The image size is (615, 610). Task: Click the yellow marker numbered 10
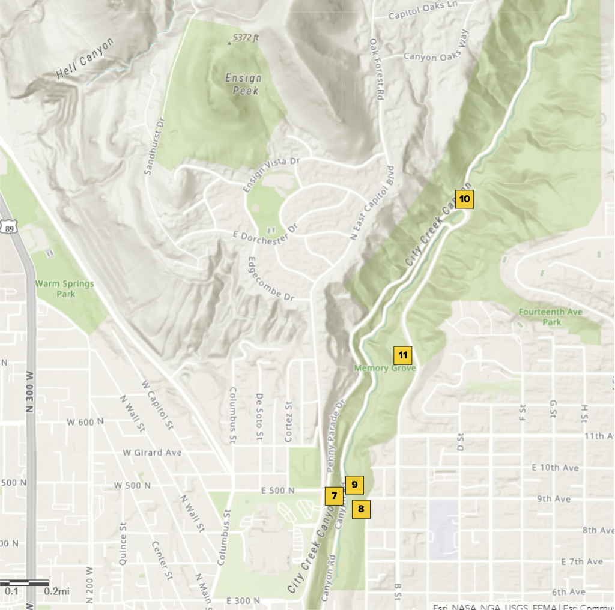click(x=465, y=199)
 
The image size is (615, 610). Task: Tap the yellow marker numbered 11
click(x=403, y=355)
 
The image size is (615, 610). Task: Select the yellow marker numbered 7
click(x=333, y=495)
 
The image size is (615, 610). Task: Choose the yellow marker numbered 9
click(x=354, y=485)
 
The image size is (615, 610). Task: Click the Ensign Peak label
click(x=244, y=84)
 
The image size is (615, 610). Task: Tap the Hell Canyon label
click(x=85, y=59)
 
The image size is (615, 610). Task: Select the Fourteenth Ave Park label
click(x=542, y=317)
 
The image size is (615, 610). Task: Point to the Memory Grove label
click(x=385, y=368)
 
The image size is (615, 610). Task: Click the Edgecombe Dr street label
click(x=270, y=280)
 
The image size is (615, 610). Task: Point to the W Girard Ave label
click(x=152, y=453)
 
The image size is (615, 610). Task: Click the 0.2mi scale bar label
click(x=57, y=591)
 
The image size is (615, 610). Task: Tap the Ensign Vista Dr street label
click(x=271, y=174)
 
